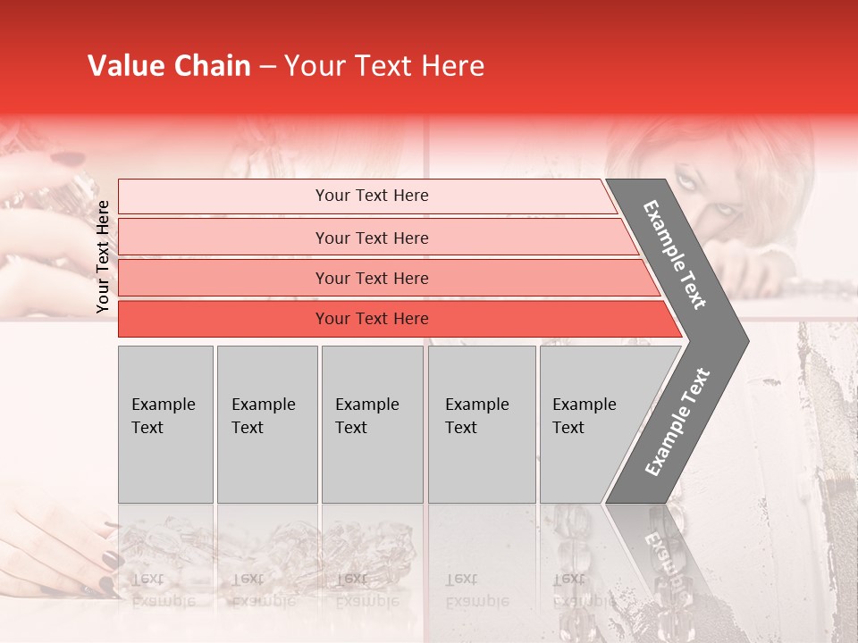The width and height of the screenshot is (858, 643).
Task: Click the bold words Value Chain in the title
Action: point(169,66)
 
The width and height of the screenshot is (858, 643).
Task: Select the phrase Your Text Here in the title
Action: point(384,66)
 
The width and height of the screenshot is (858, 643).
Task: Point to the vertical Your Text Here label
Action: point(103,256)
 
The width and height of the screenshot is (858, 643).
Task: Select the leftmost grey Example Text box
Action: point(165,424)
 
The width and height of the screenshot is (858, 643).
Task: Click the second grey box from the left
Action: point(266,424)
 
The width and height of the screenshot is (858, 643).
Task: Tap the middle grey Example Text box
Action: point(372,424)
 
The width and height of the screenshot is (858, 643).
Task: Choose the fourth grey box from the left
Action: point(481,424)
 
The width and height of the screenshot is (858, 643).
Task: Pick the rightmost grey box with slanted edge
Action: point(590,424)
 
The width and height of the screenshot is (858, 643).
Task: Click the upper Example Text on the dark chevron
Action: point(676,255)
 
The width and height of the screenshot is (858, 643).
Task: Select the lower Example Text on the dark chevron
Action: point(677,422)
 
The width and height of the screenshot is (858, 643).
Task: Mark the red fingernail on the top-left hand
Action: point(64,160)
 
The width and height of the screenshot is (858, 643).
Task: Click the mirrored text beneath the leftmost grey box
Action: point(164,589)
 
